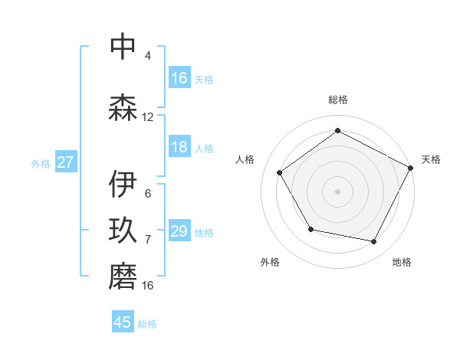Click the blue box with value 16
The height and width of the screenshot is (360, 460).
tap(179, 78)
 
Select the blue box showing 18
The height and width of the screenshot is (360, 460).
tap(179, 147)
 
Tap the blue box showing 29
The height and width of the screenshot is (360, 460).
tap(179, 231)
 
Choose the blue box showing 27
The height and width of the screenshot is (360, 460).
tap(65, 162)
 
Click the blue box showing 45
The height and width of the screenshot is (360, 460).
tap(123, 322)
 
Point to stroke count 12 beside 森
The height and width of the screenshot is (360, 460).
tap(148, 117)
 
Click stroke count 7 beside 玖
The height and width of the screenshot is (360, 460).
tap(148, 240)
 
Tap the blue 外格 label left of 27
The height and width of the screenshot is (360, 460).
tap(40, 163)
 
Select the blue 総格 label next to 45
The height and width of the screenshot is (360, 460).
tap(147, 323)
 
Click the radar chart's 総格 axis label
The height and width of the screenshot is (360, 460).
tap(337, 100)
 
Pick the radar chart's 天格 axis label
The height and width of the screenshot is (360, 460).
tap(431, 159)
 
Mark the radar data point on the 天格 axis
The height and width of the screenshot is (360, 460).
tap(411, 168)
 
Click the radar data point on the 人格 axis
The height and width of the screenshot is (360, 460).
tap(280, 173)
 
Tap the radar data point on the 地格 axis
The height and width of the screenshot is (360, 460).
tap(374, 242)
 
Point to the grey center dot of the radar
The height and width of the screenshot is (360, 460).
tap(337, 191)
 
